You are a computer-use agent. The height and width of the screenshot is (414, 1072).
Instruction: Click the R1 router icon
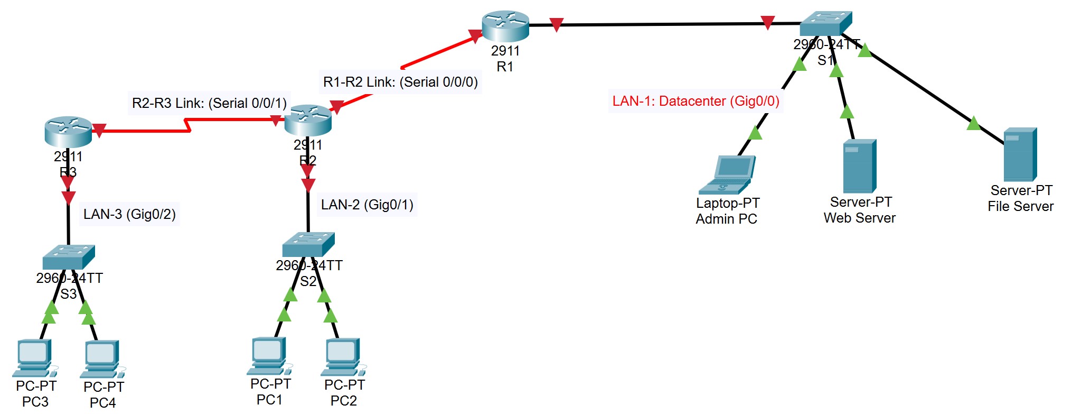pos(505,26)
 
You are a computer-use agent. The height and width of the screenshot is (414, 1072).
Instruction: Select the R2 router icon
pos(308,121)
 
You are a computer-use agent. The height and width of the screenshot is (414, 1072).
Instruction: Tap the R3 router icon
pos(68,132)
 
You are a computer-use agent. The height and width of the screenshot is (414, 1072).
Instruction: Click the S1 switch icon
pos(825,24)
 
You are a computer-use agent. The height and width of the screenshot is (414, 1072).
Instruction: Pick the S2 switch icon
pos(308,244)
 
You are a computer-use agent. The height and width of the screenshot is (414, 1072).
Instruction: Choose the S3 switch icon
pos(69,257)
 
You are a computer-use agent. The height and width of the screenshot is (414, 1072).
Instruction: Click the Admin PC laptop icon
pos(727,175)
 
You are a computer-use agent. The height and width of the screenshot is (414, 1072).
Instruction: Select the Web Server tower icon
pos(859,166)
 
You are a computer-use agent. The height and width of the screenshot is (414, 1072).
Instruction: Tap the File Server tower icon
pos(1020,154)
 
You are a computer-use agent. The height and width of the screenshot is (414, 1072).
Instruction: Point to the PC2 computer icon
pos(343,357)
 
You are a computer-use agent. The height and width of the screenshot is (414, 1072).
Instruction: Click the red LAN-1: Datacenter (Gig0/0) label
pos(695,101)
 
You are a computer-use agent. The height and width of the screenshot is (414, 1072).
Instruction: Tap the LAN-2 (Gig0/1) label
pos(367,205)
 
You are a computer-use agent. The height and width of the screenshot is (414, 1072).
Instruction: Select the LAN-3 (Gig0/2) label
pos(129,214)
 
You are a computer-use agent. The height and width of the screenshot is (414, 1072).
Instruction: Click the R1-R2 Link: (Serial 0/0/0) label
pos(400,82)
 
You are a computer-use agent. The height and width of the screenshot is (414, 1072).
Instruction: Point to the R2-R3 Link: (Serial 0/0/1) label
pos(209,103)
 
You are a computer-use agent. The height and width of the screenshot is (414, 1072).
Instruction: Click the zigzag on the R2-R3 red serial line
pos(187,125)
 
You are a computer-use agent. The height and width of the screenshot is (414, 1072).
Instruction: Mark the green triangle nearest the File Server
pos(973,124)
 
